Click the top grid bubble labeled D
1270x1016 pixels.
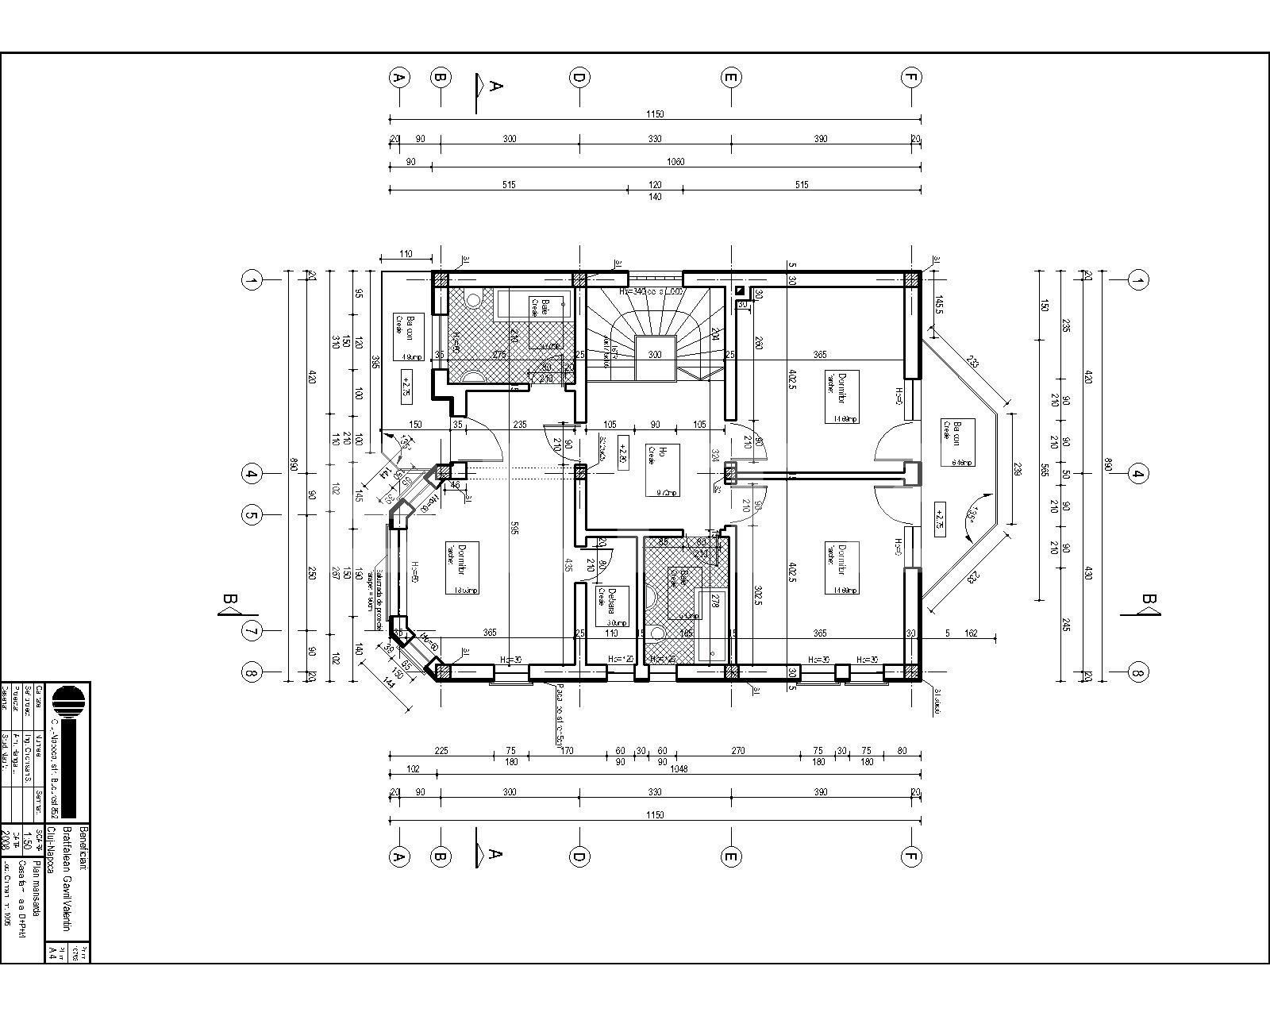click(579, 78)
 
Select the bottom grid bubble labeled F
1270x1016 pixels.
click(910, 856)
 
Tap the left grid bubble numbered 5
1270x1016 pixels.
click(252, 515)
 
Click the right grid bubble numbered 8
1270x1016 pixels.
click(1138, 673)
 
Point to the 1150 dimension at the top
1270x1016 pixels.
click(655, 114)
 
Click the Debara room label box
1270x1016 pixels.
click(612, 607)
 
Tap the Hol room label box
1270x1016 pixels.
click(662, 469)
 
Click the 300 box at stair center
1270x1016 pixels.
click(655, 354)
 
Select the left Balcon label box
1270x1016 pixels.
click(410, 337)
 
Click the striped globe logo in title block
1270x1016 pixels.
click(68, 703)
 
